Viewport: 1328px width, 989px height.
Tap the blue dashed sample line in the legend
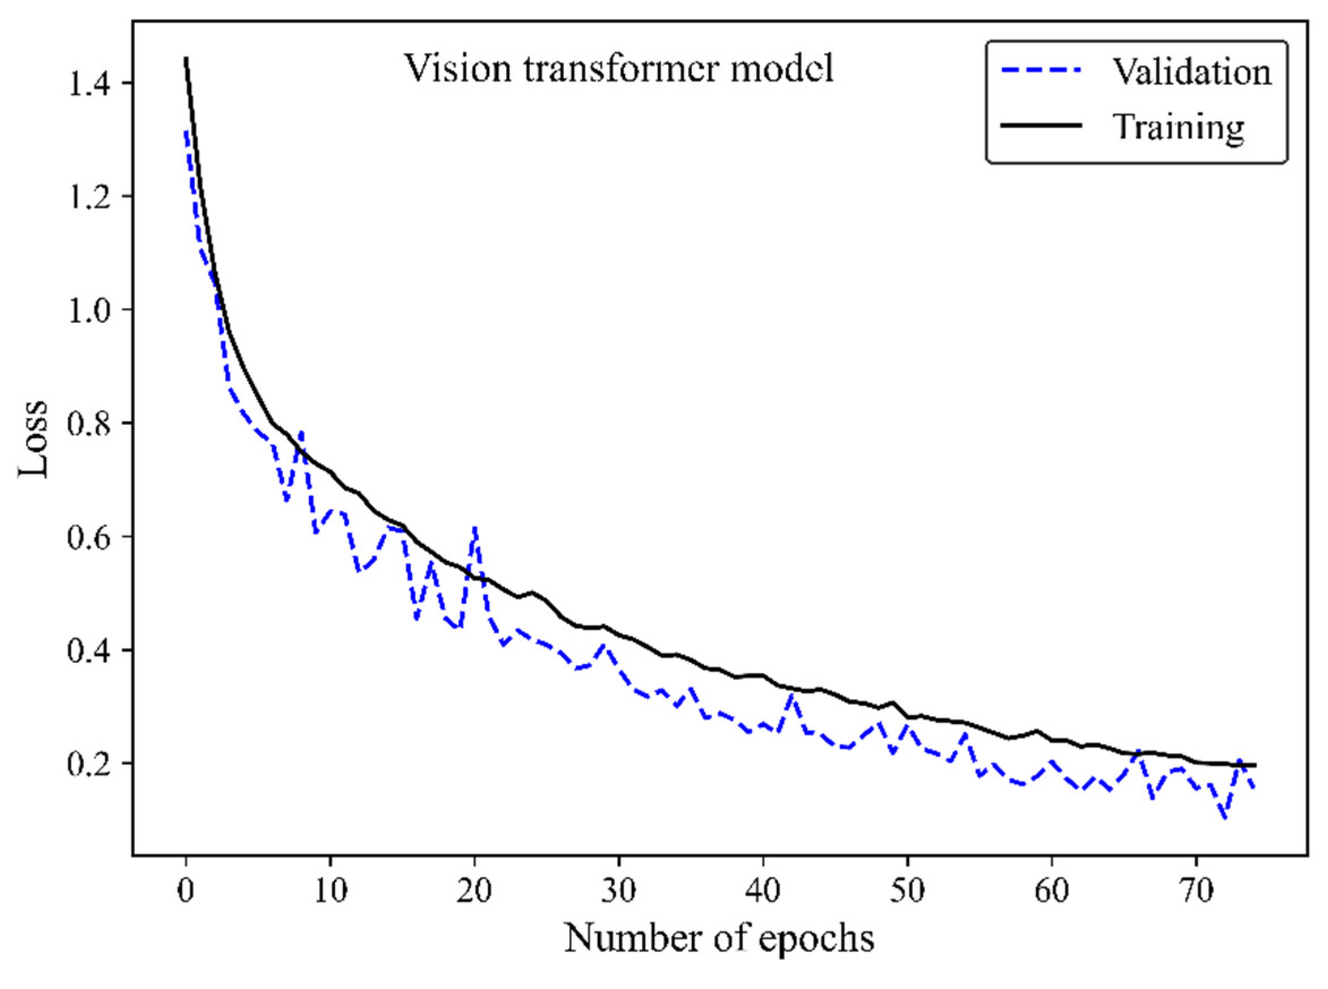1042,72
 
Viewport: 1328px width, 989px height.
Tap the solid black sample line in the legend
1042,126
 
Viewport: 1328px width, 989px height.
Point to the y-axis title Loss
32,438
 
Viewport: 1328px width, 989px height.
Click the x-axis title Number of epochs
719,939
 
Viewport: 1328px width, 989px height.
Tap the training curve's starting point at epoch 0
187,58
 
